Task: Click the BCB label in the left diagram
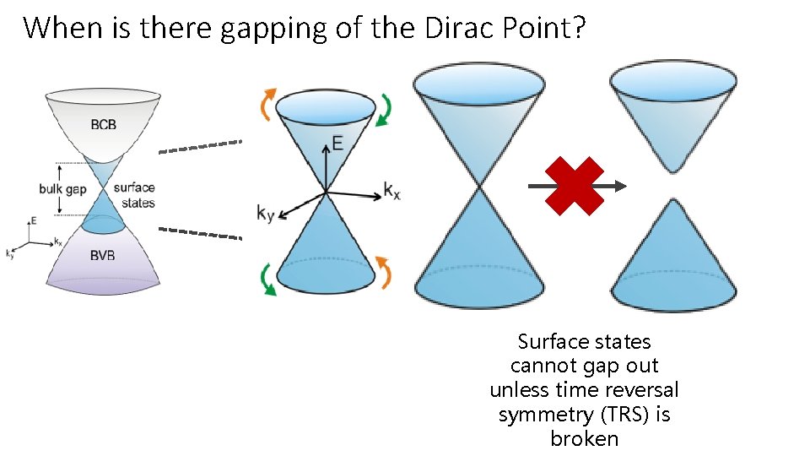coord(104,126)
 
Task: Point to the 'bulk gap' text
coord(62,189)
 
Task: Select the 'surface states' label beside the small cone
coord(134,195)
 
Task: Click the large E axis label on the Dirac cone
coord(337,144)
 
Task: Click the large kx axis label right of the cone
coord(392,190)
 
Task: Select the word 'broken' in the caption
coord(584,439)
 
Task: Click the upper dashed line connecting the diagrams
coord(201,147)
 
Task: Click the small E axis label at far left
coord(33,220)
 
